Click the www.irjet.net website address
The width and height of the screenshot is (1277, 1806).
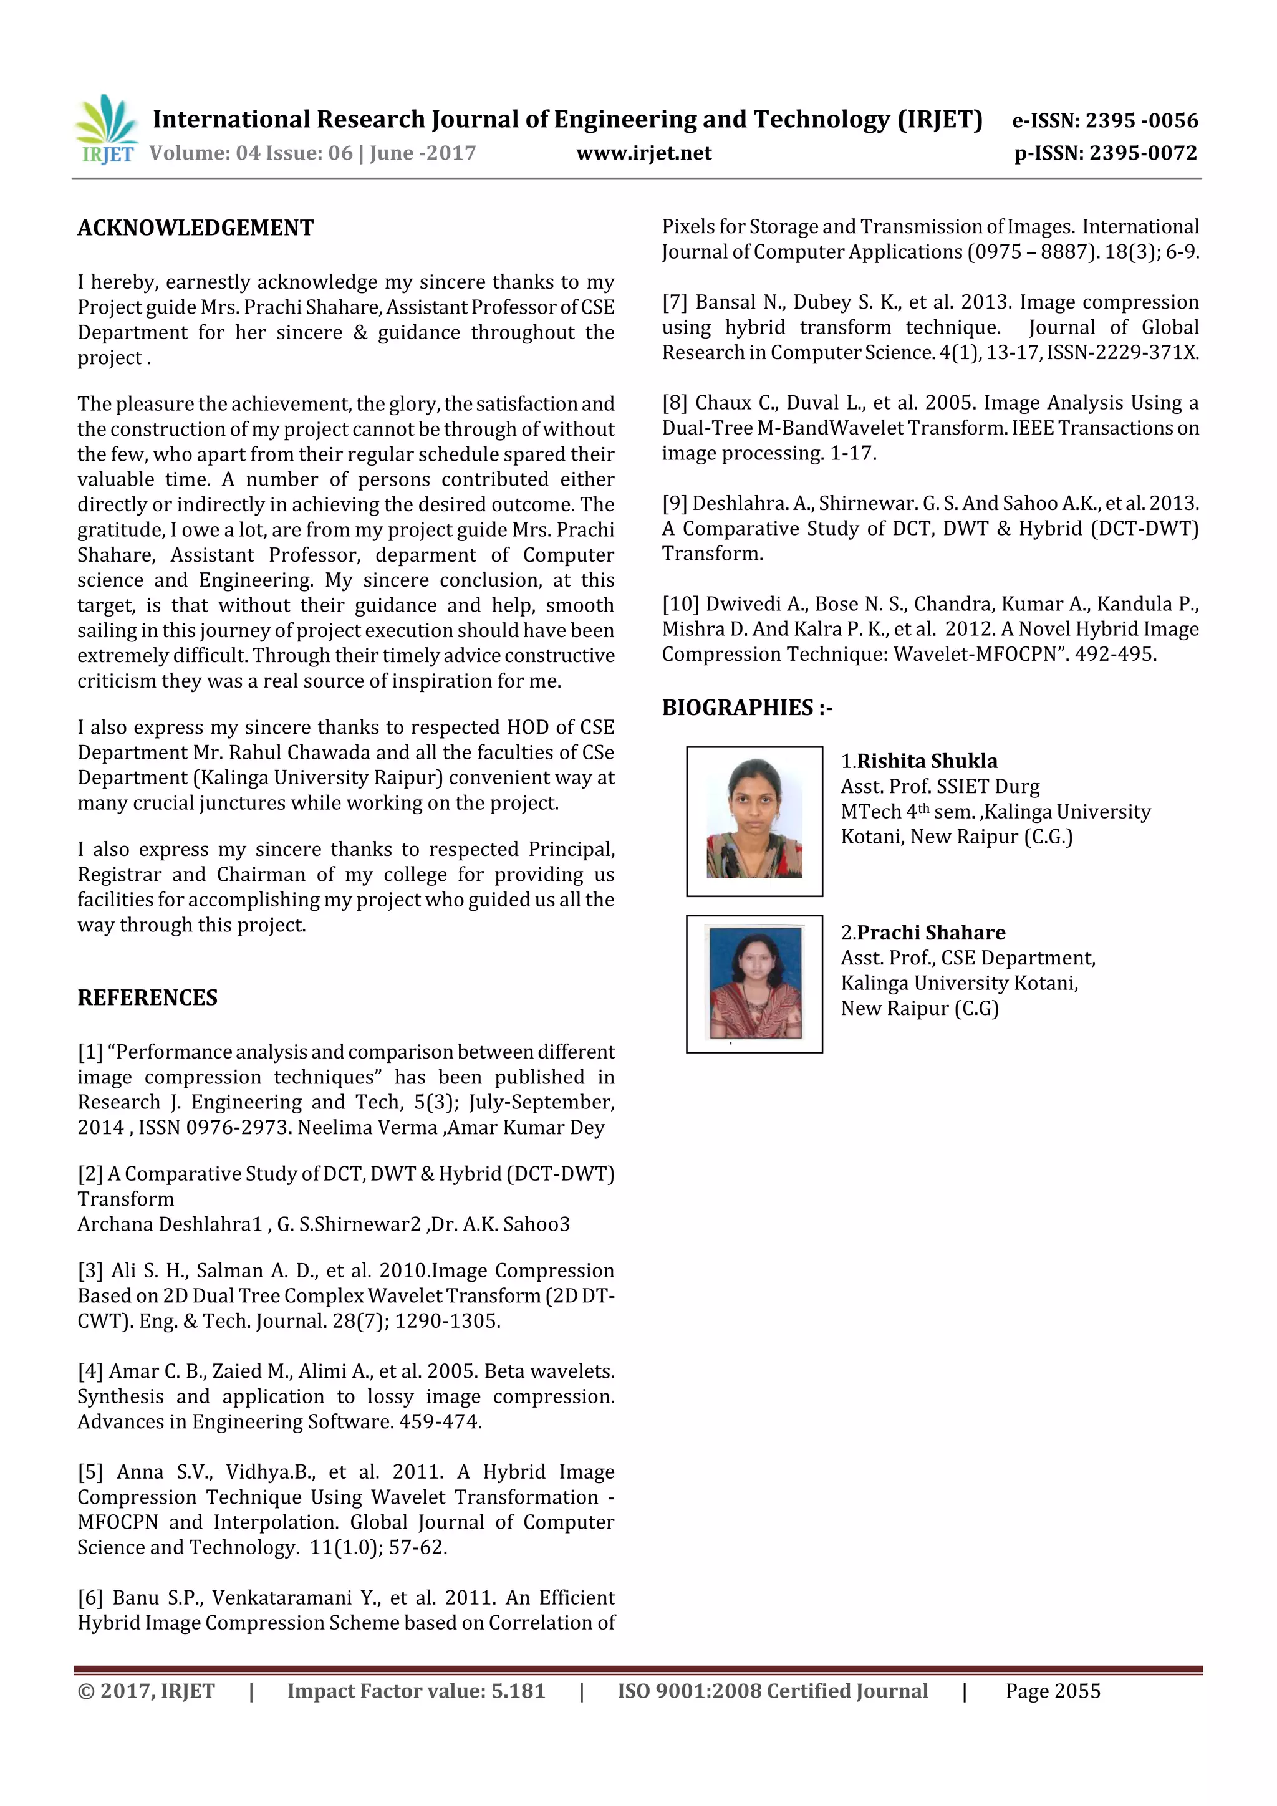point(643,153)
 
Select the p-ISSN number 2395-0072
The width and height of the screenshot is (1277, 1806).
point(1143,153)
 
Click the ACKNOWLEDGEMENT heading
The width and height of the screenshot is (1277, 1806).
point(195,228)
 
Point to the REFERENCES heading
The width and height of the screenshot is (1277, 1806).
point(147,997)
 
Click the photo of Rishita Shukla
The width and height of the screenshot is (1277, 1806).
point(754,820)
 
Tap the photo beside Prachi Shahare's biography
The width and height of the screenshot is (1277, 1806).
point(754,983)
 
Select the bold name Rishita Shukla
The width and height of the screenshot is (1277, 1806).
point(926,761)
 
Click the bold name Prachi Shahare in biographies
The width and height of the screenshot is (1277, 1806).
point(930,932)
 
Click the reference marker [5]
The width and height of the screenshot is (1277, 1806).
point(90,1472)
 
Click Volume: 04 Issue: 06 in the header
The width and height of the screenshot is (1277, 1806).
point(251,153)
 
